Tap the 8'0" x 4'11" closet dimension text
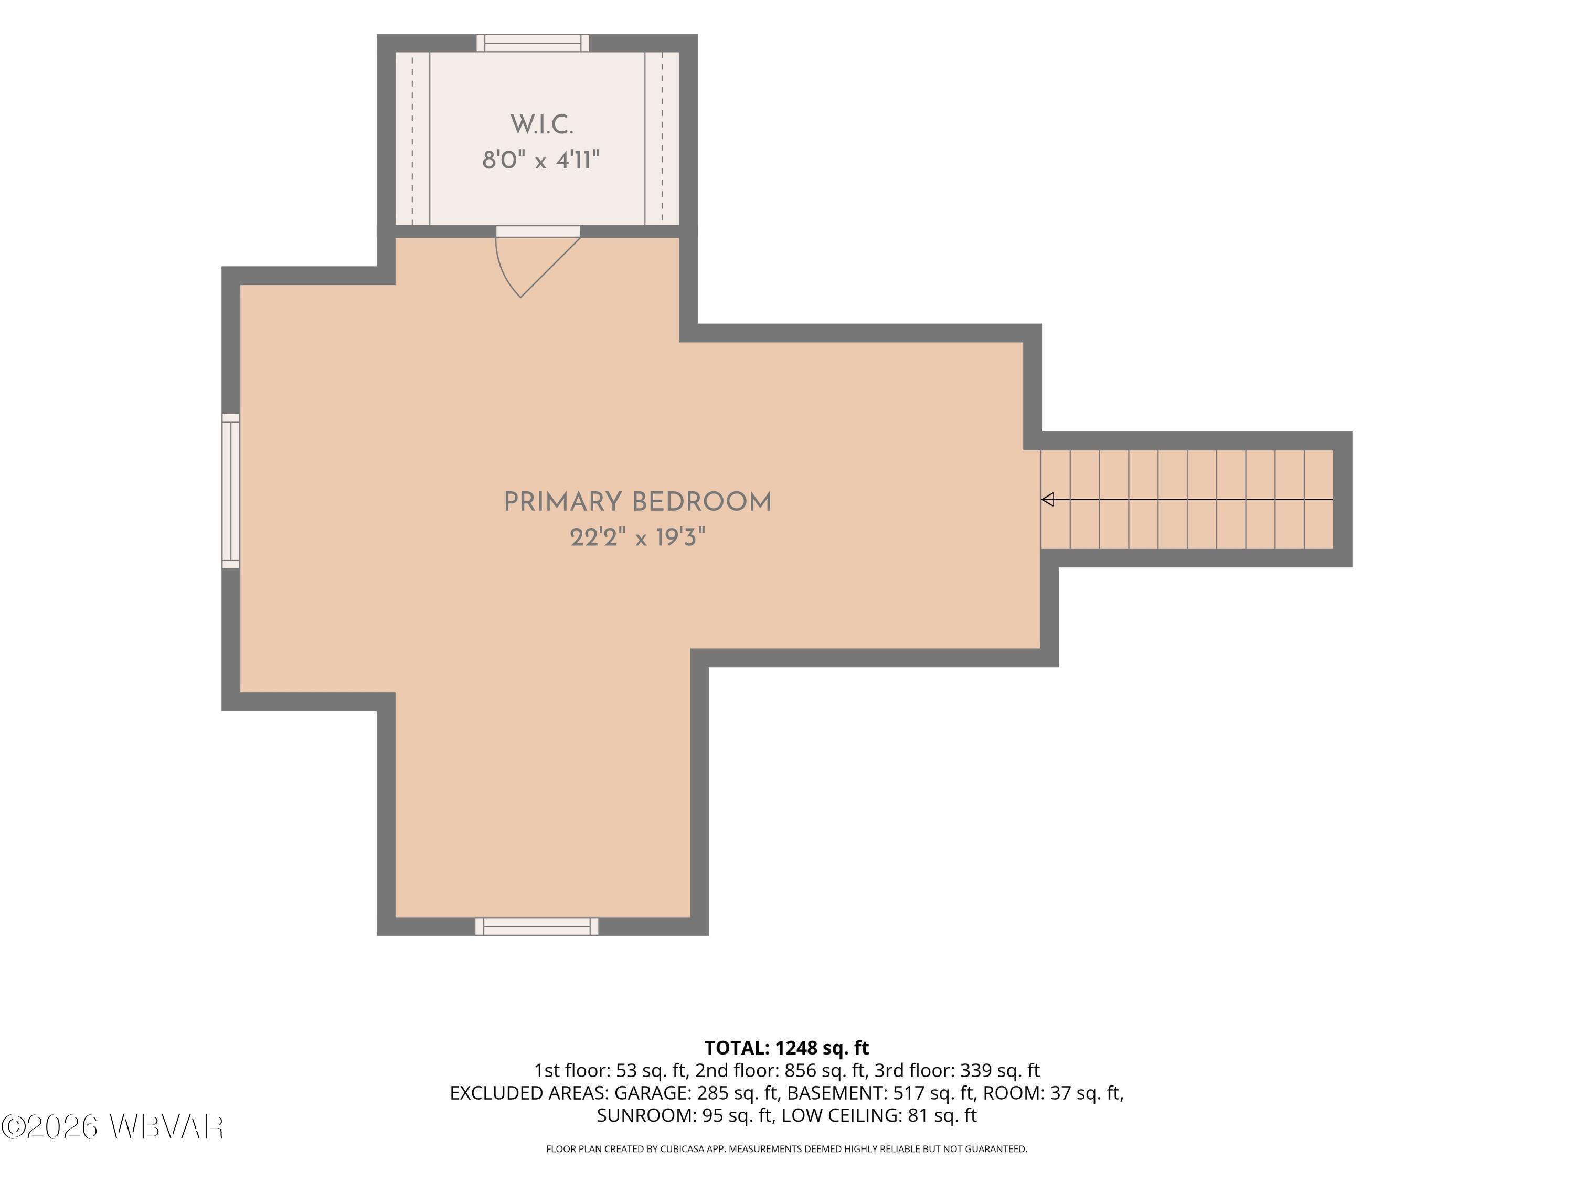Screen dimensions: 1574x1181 tap(541, 160)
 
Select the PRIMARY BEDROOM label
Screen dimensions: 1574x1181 tap(637, 502)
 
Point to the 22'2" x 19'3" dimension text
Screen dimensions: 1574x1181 tap(637, 537)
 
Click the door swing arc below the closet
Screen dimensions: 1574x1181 tap(505, 272)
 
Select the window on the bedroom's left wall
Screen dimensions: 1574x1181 tap(231, 491)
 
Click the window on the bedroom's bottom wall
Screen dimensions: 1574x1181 tap(537, 926)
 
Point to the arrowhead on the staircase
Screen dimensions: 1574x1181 tap(1047, 500)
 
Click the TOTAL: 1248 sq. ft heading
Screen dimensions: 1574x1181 tap(786, 1048)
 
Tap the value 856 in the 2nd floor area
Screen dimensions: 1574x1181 tap(800, 1071)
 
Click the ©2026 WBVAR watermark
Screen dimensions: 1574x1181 tap(112, 1127)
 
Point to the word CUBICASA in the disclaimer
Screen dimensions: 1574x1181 tap(684, 1149)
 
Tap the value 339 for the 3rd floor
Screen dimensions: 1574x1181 tap(975, 1071)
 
